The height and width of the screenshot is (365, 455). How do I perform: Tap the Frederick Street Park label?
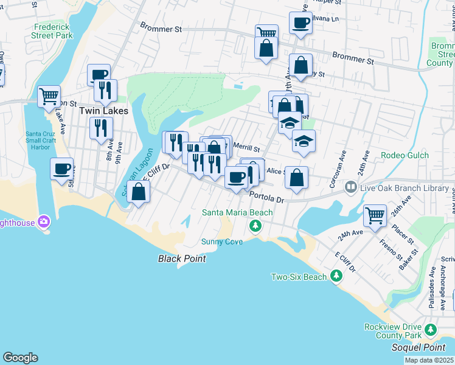pos(53,32)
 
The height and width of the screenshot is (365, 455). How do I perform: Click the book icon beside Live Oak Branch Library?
pos(350,188)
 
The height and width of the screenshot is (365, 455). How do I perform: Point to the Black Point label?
pos(182,259)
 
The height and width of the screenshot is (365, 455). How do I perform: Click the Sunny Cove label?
pos(222,242)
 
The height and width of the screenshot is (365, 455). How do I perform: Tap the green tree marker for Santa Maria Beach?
pos(255,226)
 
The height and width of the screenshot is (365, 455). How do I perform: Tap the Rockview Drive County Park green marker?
pos(431,330)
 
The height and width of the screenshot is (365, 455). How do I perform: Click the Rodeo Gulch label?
pos(405,155)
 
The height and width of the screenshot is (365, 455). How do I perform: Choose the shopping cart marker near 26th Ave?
pos(375,215)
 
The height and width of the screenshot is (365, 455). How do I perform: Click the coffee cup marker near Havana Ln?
pos(300,23)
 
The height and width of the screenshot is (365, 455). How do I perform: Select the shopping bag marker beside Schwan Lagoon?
pos(139,191)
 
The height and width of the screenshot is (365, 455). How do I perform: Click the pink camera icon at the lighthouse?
pos(43,221)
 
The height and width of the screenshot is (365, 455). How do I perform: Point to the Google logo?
pos(20,358)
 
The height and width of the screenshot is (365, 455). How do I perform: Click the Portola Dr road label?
pos(267,196)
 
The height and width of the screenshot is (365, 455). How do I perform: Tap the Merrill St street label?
pos(246,148)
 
